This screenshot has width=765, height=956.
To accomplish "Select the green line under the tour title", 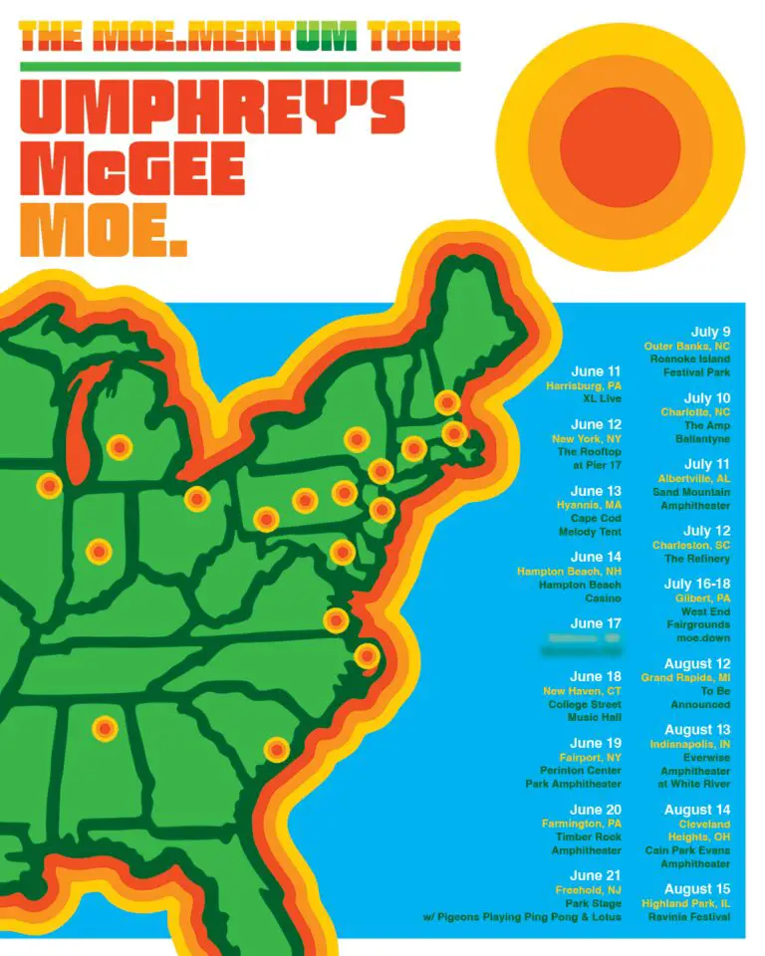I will [239, 67].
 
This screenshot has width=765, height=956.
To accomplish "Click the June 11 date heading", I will [596, 370].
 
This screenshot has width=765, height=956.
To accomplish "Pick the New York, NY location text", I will [587, 438].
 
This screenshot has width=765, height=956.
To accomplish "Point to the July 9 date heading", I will [710, 332].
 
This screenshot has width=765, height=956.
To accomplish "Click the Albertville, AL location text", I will [693, 478].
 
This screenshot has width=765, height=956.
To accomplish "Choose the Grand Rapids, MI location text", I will [685, 677].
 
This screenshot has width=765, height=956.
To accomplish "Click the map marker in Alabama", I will [105, 728].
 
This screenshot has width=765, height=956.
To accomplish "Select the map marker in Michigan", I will [120, 448].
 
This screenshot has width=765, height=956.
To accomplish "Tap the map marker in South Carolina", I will [277, 749].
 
